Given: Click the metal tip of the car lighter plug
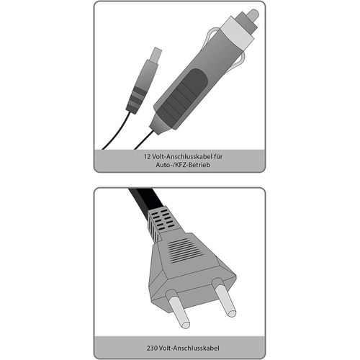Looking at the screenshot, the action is (253, 14).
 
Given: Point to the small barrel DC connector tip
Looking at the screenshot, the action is (157, 54).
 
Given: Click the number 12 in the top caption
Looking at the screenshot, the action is (147, 157).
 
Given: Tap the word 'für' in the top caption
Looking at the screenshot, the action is (218, 157).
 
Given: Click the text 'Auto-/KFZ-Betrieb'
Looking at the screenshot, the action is (183, 165).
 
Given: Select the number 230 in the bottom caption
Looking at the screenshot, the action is (152, 348).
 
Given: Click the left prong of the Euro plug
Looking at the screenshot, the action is (178, 308).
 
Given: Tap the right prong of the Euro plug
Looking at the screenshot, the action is (225, 297).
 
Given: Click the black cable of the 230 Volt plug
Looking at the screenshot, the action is (145, 199).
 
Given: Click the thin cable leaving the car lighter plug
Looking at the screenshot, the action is (143, 140).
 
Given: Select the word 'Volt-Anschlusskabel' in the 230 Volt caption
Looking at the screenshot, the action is (189, 348).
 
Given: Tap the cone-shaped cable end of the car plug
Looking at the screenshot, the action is (161, 123).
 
